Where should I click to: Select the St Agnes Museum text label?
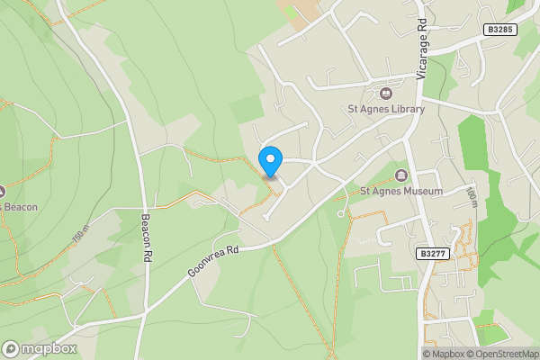(x=401, y=191)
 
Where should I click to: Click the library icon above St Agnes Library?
(x=386, y=93)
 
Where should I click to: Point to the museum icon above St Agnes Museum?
(x=401, y=175)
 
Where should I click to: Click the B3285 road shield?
(x=499, y=30)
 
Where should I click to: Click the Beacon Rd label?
(x=144, y=237)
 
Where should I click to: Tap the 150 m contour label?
(x=82, y=237)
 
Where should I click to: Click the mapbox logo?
(x=40, y=348)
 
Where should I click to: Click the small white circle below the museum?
(x=341, y=214)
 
